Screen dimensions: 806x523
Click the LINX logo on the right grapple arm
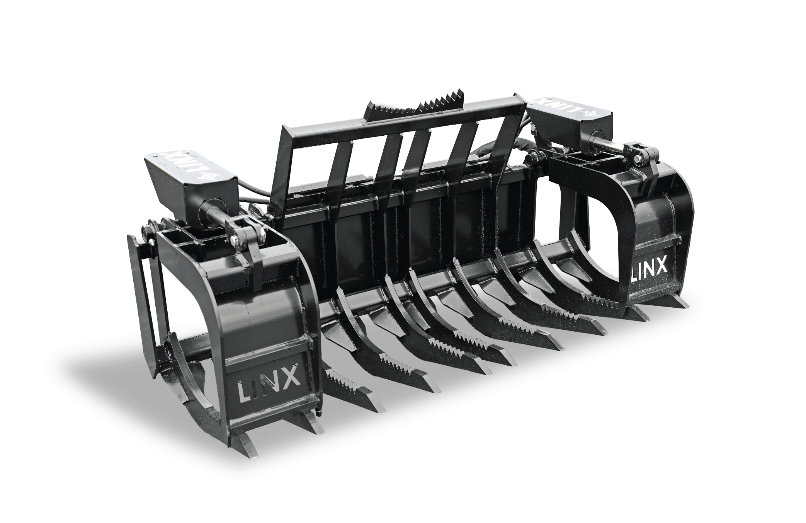click(648, 267)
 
